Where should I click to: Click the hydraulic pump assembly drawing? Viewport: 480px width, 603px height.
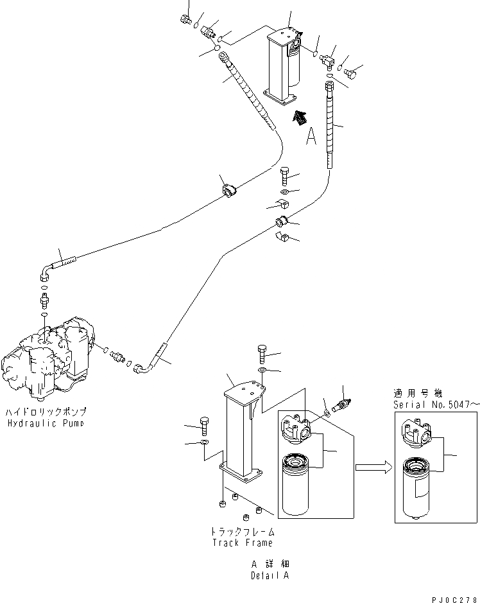click(48, 360)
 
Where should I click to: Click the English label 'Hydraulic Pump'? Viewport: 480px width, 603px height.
click(46, 424)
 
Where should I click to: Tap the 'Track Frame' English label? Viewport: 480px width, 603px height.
click(243, 543)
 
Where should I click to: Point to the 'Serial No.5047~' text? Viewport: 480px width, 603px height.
click(436, 405)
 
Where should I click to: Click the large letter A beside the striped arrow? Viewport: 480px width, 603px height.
click(311, 136)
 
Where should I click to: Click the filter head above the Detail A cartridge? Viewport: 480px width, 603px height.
click(296, 426)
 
